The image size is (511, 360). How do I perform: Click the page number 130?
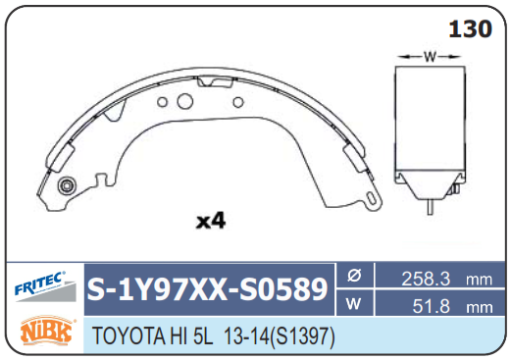click(470, 28)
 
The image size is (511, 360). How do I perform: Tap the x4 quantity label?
click(211, 221)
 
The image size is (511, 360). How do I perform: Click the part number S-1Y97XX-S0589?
click(207, 289)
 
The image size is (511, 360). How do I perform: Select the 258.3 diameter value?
click(426, 279)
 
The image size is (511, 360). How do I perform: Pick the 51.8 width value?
click(432, 306)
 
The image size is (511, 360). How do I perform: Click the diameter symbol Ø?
click(354, 276)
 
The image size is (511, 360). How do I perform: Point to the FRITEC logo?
click(44, 285)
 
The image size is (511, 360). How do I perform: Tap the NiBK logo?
click(46, 331)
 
